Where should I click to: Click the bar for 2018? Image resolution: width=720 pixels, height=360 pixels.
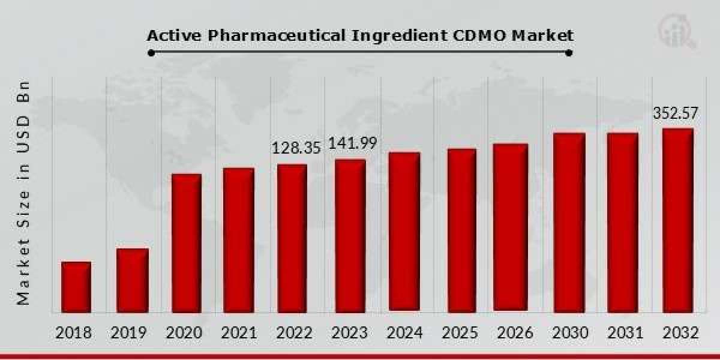(x=76, y=287)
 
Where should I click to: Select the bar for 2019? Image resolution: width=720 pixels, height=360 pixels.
(x=132, y=280)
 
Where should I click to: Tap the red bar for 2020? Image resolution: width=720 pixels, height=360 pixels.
(x=187, y=243)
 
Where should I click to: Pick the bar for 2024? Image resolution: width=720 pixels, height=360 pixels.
(x=404, y=232)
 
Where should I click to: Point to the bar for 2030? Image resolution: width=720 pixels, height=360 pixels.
(x=569, y=222)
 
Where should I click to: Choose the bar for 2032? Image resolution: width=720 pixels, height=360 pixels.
(x=678, y=220)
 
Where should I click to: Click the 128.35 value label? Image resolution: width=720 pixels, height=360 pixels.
(x=296, y=148)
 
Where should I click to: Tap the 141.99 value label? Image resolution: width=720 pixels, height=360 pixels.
(x=352, y=144)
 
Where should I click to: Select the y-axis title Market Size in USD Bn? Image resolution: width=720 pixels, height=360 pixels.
(x=24, y=192)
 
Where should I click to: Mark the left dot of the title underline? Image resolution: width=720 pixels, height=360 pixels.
(x=151, y=53)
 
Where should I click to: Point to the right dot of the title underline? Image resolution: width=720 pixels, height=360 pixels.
(x=569, y=53)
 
